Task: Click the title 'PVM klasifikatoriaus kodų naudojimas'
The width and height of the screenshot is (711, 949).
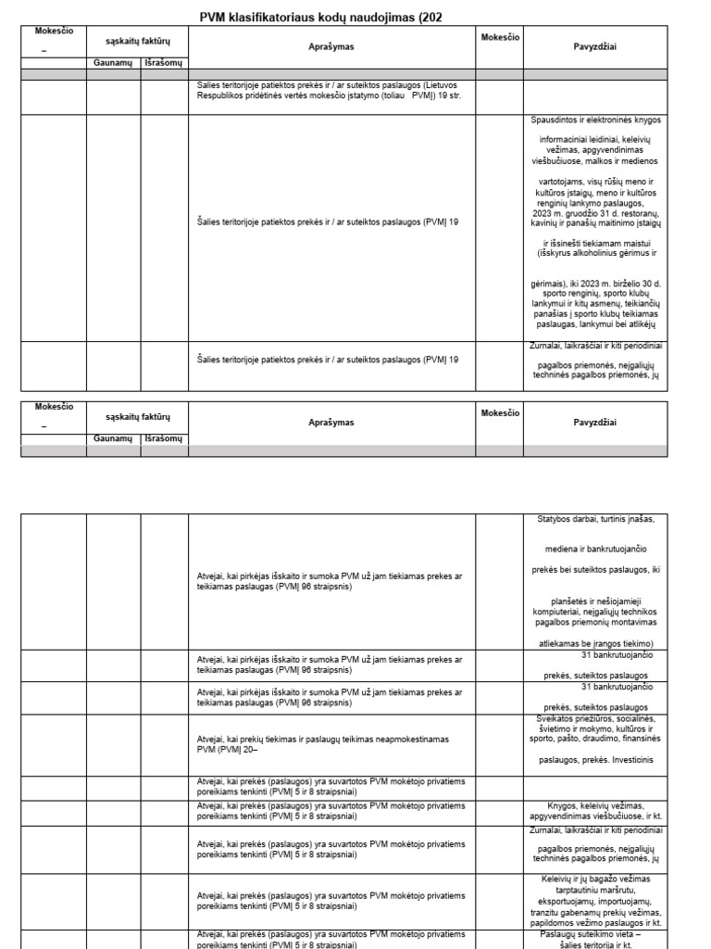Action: [x=315, y=17]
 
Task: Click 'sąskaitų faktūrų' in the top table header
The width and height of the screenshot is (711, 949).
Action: [x=137, y=41]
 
